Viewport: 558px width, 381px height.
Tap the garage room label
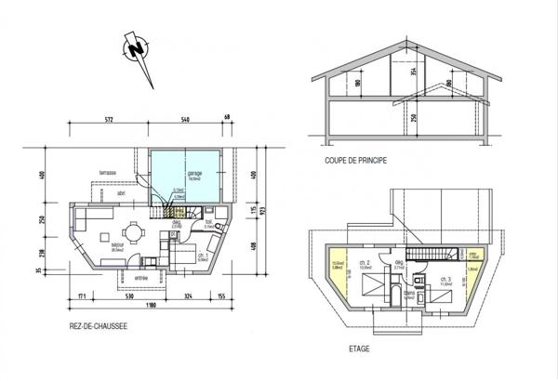click(x=194, y=174)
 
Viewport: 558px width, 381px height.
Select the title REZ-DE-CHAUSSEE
click(x=98, y=326)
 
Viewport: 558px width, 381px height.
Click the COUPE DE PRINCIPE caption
click(x=355, y=160)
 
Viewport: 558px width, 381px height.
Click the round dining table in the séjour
click(x=136, y=232)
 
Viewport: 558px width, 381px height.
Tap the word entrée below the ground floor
click(x=141, y=277)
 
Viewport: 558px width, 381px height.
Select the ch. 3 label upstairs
click(x=448, y=280)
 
